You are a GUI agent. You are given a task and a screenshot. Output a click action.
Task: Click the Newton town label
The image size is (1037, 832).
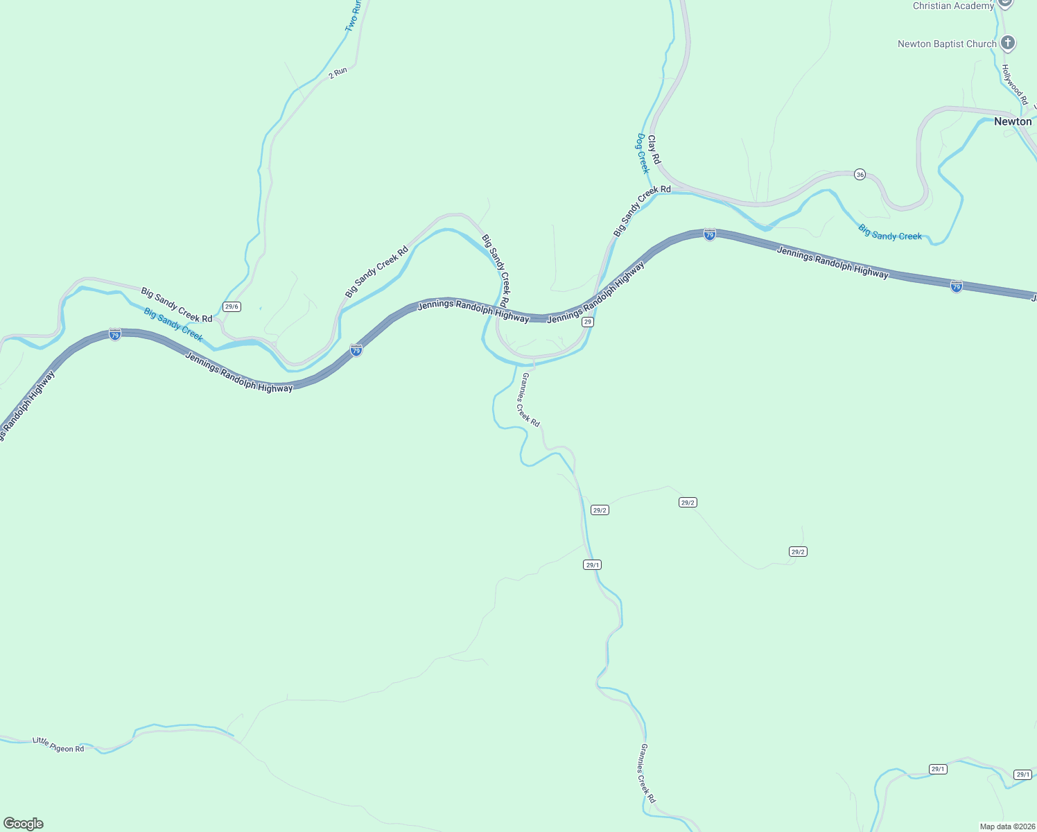click(x=1012, y=121)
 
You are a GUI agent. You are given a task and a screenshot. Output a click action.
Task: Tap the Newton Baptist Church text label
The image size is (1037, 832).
click(x=946, y=44)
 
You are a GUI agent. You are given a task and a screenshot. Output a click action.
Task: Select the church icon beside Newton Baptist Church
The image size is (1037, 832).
click(x=1008, y=43)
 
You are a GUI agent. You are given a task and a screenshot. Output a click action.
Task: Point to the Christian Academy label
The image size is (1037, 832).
click(x=953, y=6)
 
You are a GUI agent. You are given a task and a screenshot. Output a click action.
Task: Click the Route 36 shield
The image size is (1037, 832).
click(x=860, y=175)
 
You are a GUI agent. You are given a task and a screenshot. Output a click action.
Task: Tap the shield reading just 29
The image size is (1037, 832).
click(x=588, y=322)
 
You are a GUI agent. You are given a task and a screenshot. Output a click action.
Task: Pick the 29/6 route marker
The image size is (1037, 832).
click(x=232, y=306)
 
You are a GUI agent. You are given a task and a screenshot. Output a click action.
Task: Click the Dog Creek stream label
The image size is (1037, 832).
click(x=643, y=153)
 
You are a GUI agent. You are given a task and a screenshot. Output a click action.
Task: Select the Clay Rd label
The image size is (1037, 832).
click(x=654, y=150)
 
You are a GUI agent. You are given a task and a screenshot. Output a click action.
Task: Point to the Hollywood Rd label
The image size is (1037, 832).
click(x=1014, y=85)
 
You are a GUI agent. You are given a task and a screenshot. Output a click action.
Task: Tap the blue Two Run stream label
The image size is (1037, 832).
click(x=353, y=15)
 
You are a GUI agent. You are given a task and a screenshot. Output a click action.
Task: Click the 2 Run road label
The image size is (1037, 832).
click(x=338, y=72)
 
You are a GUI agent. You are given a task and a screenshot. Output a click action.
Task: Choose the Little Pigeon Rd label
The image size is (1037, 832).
click(x=58, y=745)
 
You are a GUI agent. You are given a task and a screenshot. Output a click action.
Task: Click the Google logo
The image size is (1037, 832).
click(x=24, y=824)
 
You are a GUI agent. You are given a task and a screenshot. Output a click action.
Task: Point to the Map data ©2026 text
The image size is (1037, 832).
click(x=1007, y=826)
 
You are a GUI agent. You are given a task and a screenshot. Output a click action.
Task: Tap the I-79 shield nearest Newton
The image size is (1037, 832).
click(x=956, y=286)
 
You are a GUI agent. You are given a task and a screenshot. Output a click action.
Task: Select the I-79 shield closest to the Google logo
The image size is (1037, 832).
click(x=115, y=335)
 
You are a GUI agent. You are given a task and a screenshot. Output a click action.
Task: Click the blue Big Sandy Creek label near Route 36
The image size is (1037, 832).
click(x=890, y=232)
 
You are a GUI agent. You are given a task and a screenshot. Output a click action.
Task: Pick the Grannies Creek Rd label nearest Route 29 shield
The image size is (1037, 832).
click(x=530, y=399)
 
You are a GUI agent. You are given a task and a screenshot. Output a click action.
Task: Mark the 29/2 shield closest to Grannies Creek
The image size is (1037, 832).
click(x=600, y=510)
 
